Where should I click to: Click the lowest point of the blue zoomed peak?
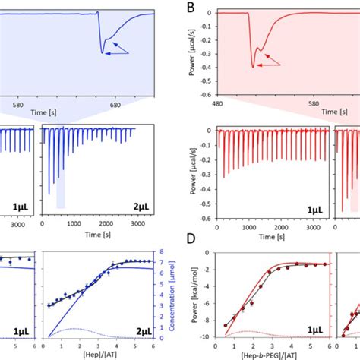click(x=102, y=52)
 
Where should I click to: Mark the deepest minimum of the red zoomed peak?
click(x=253, y=67)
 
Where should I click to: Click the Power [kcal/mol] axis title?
click(x=190, y=296)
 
